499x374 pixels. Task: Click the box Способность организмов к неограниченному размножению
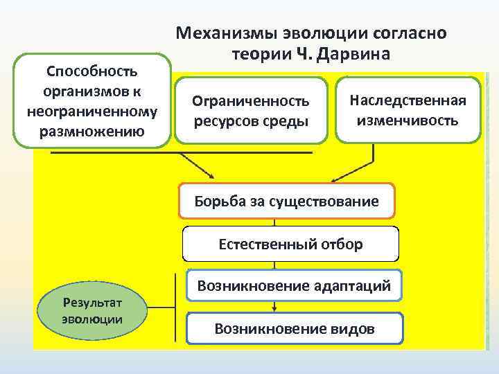pos(91,101)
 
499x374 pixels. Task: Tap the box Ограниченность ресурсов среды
pos(251,111)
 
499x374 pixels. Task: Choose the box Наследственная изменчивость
pos(408,109)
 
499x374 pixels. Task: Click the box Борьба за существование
pos(287,202)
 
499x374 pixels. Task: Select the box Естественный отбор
pos(290,244)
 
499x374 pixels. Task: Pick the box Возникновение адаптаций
pos(295,285)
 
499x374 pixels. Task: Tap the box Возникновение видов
pos(295,328)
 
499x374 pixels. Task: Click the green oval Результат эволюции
pos(91,311)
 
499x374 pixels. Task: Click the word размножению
pos(91,132)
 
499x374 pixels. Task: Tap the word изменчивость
pos(408,120)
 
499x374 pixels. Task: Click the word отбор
pos(340,244)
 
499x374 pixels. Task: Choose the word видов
pos(352,328)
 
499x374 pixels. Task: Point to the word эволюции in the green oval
pos(91,319)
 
